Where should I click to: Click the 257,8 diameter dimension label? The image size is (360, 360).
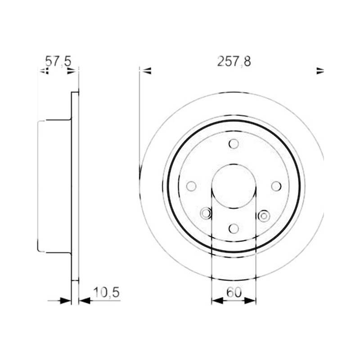tap(234, 62)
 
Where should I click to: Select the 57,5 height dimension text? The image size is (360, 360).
tap(58, 61)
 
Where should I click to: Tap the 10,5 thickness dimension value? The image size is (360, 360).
tap(106, 292)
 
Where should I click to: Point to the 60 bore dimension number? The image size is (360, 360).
tap(234, 292)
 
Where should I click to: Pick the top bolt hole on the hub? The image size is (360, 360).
tap(234, 144)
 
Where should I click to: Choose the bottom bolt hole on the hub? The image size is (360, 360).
tap(234, 229)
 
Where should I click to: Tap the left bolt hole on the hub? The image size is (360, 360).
tap(191, 186)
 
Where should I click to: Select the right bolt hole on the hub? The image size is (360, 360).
tap(276, 186)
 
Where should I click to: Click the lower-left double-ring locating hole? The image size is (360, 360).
tap(206, 213)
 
